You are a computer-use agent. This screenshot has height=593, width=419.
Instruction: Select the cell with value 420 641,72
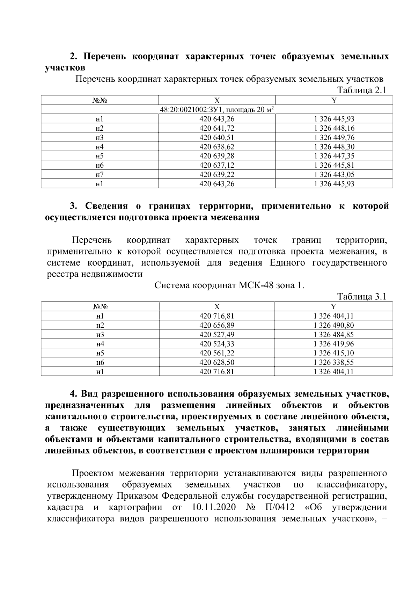(217, 128)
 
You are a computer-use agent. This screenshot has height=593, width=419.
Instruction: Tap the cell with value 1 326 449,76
(334, 137)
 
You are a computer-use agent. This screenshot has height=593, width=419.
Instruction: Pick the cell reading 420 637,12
(217, 165)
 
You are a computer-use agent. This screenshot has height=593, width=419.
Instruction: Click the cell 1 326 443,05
(334, 174)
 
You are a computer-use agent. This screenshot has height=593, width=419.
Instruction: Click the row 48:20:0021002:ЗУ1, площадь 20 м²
(217, 110)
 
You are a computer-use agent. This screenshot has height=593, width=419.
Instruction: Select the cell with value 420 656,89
(217, 325)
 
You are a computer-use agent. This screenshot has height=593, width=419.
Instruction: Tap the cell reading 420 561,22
(217, 353)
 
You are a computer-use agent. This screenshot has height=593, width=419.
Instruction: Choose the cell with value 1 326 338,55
(334, 362)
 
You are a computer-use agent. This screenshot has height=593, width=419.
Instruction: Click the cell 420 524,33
(217, 344)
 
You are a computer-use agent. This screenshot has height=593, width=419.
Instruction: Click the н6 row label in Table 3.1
(100, 362)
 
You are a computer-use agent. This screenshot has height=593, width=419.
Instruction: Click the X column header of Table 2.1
(217, 100)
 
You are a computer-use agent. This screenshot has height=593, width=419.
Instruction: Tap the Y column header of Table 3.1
(334, 307)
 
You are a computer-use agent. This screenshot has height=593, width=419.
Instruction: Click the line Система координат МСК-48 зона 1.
(229, 285)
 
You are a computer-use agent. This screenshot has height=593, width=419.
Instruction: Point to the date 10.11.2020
(214, 507)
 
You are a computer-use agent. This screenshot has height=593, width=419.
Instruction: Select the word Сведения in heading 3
(106, 206)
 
